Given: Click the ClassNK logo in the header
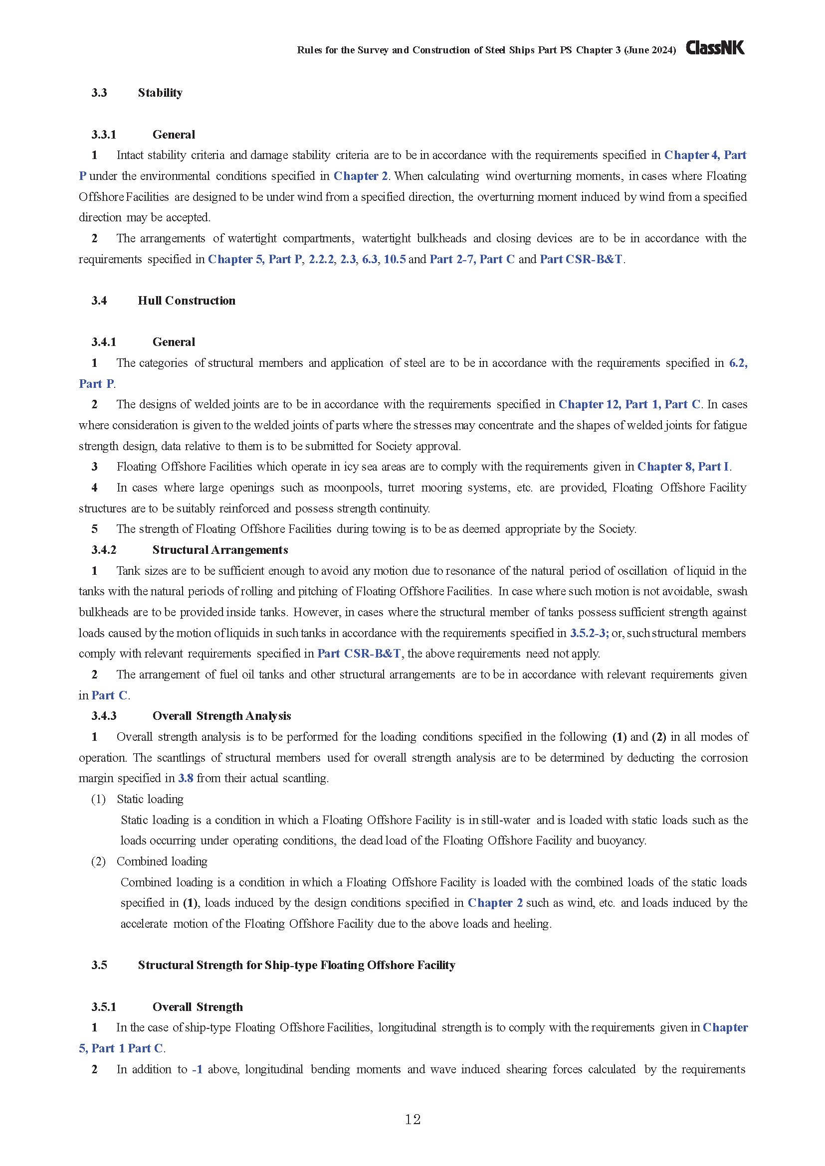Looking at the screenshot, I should tap(715, 48).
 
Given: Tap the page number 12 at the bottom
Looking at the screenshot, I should tap(412, 1119).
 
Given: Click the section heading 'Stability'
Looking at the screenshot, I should tap(160, 92).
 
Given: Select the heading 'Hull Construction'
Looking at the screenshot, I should tap(187, 301).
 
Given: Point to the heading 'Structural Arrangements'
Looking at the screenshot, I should tap(220, 550).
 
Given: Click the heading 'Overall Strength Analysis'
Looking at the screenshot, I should tap(221, 716).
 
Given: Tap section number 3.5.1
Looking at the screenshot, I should tap(104, 1007).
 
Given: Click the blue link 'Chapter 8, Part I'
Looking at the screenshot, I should tap(683, 467).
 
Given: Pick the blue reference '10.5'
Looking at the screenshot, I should tap(395, 260).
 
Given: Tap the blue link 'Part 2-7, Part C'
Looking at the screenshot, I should tap(472, 260).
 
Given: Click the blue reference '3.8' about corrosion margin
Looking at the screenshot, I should tap(186, 778).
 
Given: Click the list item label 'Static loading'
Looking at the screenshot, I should tap(150, 799).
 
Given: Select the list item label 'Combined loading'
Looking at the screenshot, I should tap(162, 861).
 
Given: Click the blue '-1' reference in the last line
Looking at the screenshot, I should tap(197, 1069).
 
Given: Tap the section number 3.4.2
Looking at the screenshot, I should tap(104, 550).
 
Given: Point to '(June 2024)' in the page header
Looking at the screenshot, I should tap(650, 50).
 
